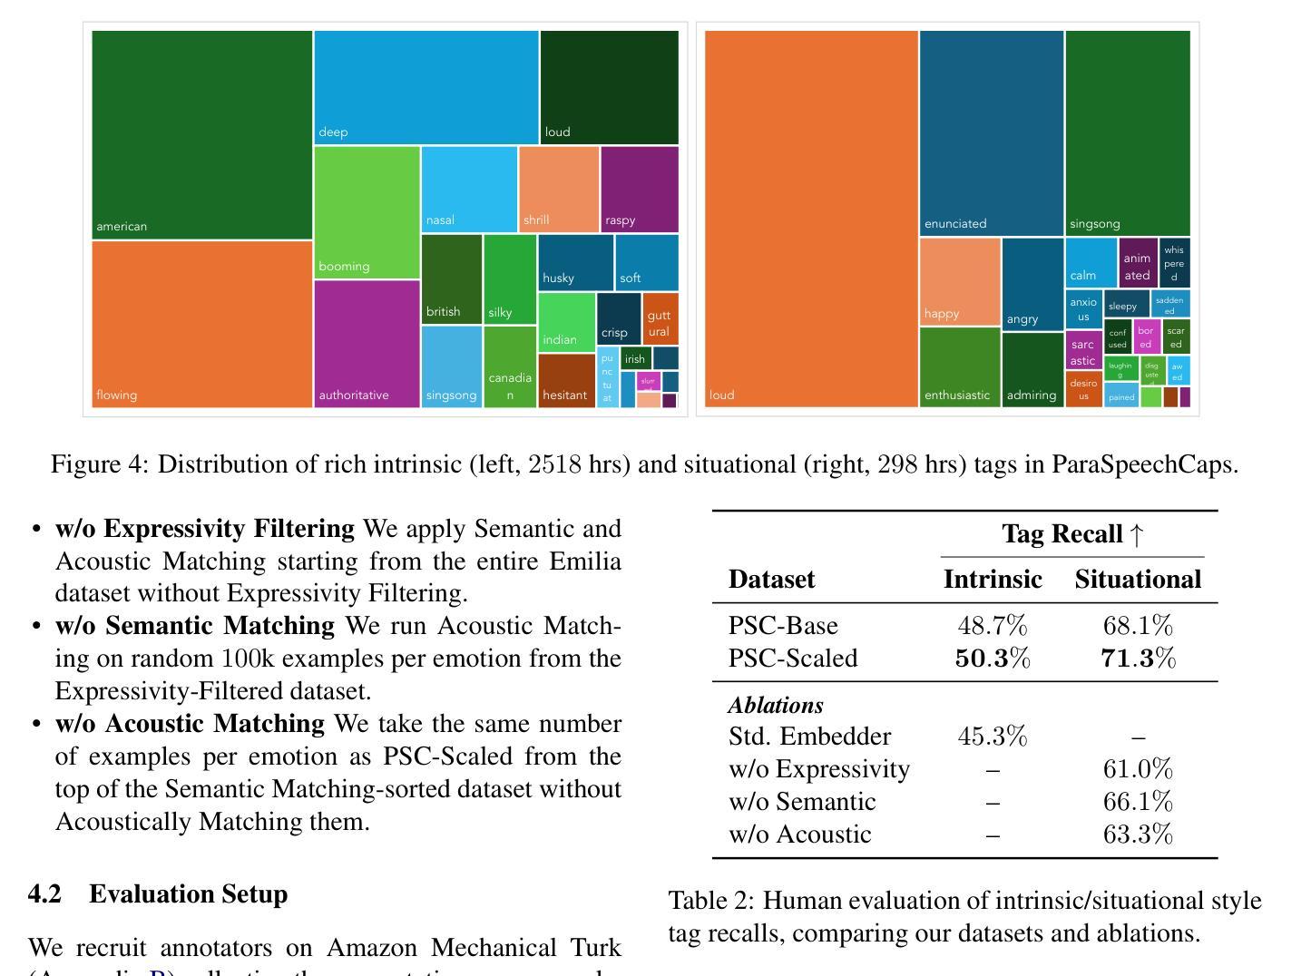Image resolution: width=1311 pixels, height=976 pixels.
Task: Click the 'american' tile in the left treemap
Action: click(x=201, y=134)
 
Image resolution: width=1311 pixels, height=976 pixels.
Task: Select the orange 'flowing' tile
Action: click(x=201, y=324)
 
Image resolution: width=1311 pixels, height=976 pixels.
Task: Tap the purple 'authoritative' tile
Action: click(x=367, y=344)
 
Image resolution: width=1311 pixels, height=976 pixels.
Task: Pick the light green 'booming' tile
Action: click(x=367, y=212)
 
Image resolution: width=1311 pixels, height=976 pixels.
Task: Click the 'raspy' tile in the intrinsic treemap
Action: click(x=639, y=189)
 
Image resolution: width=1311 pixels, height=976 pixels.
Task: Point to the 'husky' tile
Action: click(x=575, y=262)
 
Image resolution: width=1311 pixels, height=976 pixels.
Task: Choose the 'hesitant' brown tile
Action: click(x=566, y=380)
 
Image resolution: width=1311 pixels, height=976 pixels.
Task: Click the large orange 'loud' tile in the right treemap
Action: click(x=811, y=219)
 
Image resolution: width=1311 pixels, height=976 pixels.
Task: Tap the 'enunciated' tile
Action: click(x=991, y=132)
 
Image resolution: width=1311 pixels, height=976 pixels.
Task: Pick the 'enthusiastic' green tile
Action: click(x=960, y=366)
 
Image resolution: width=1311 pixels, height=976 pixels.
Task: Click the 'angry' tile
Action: click(x=1032, y=284)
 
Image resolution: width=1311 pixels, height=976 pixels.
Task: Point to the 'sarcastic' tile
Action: click(x=1083, y=349)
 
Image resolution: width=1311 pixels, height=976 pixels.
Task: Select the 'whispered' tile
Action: click(x=1174, y=262)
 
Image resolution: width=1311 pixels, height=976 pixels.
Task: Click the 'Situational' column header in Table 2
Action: click(x=1138, y=579)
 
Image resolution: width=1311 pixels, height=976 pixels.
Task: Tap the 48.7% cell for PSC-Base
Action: click(x=993, y=626)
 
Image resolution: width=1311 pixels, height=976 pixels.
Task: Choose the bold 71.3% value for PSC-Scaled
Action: click(x=1138, y=659)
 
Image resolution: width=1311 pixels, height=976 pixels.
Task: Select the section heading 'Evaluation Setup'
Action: click(x=188, y=894)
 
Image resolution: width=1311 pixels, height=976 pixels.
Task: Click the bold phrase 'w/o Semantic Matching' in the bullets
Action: click(x=195, y=626)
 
